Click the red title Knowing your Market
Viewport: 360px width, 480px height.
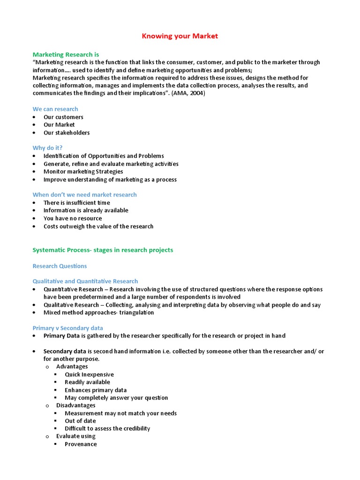coord(180,36)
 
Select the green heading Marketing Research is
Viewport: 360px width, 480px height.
coord(66,54)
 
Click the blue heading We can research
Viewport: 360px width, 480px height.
coord(55,109)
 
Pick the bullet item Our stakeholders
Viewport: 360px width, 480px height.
coord(67,133)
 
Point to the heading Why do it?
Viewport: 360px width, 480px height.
coord(47,148)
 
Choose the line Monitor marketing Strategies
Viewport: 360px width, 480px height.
coord(83,172)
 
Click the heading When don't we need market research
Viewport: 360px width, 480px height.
coord(84,195)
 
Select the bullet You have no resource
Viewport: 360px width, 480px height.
coord(73,218)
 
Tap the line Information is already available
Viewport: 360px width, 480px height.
coord(86,210)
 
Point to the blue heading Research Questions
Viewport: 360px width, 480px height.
coord(60,266)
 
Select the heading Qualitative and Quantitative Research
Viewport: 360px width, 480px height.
coord(85,281)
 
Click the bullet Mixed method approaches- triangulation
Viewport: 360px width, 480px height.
coord(98,313)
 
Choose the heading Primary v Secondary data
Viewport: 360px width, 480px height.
coord(67,328)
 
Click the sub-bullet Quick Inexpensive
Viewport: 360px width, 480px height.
coord(89,375)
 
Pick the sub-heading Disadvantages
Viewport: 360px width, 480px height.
coord(75,405)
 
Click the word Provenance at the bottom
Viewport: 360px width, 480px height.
coord(81,444)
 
